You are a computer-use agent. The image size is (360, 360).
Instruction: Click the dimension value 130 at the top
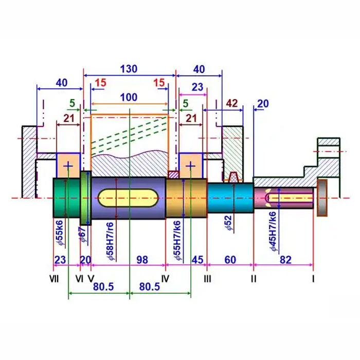[x=129, y=69]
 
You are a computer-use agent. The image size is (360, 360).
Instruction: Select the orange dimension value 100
[x=129, y=97]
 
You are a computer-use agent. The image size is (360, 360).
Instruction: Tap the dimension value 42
[x=232, y=104]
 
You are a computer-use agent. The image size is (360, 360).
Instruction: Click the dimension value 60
[x=230, y=260]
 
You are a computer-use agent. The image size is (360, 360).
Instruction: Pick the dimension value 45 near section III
[x=197, y=260]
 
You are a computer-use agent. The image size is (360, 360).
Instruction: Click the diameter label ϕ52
[x=228, y=223]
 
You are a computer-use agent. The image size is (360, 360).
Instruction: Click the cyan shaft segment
[x=230, y=198]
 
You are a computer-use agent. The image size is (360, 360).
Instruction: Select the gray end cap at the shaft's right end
[x=322, y=198]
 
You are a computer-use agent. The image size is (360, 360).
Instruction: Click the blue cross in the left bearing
[x=68, y=165]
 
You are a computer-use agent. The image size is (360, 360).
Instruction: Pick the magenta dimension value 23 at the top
[x=197, y=87]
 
